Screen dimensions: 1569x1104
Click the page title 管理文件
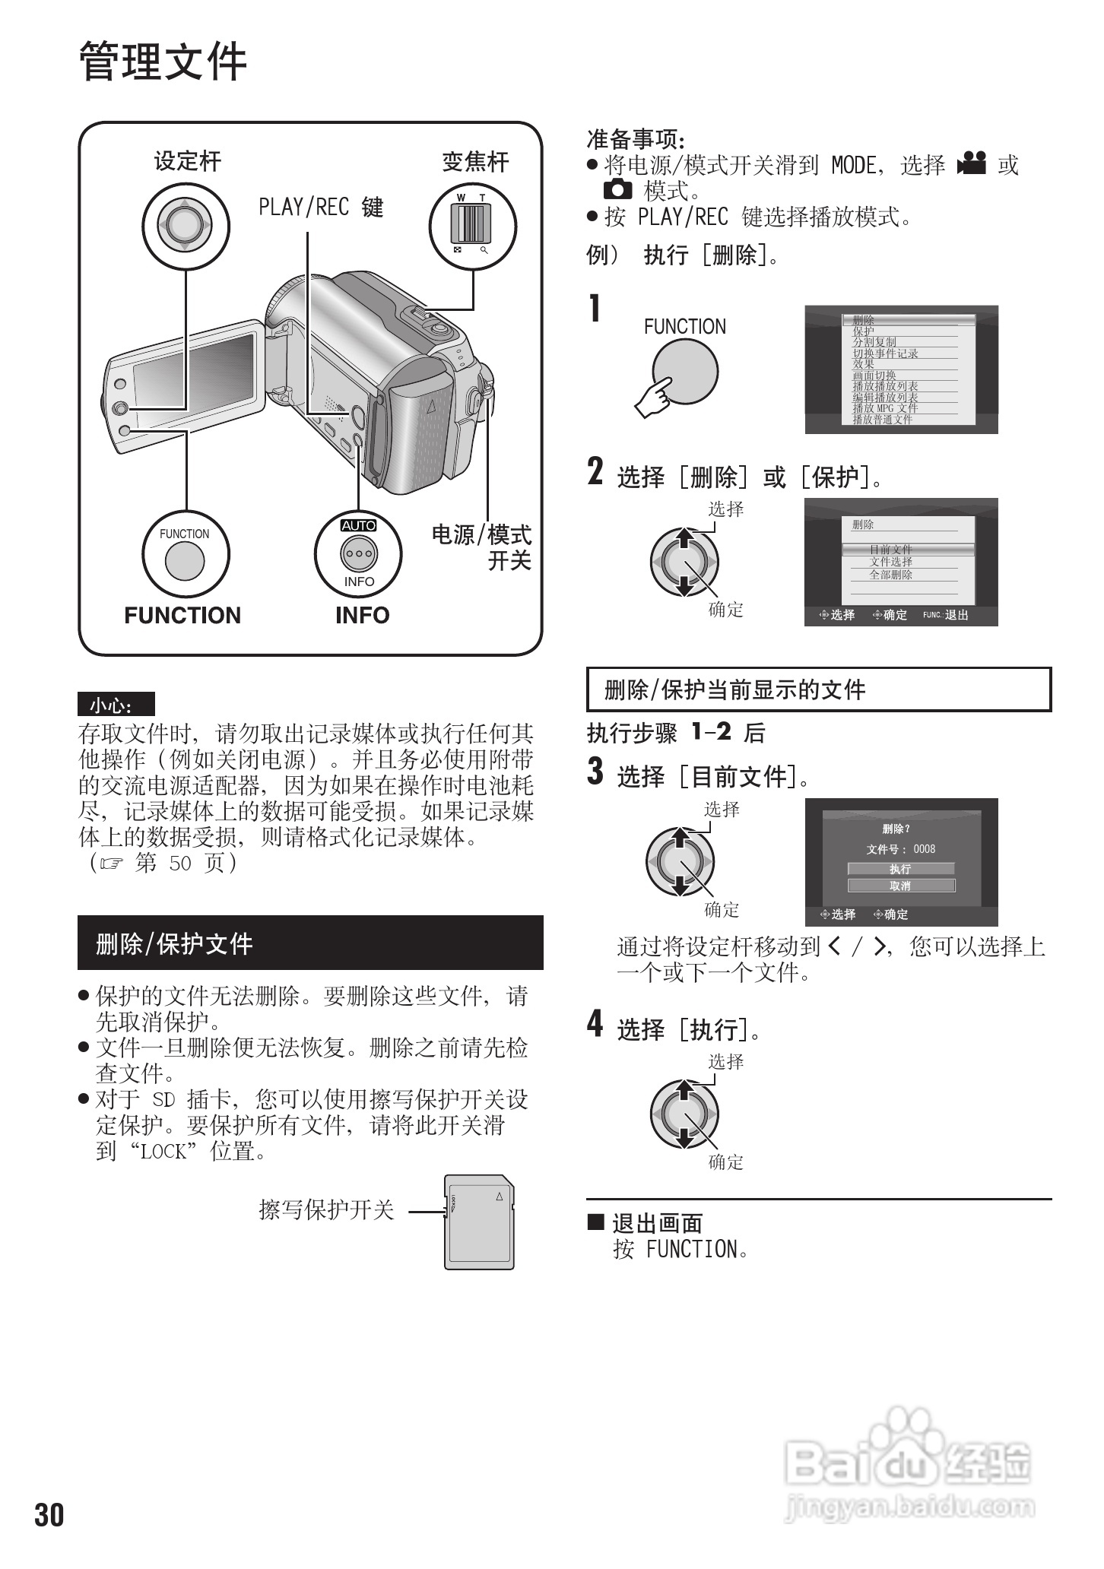tap(163, 62)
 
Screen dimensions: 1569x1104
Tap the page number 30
tap(49, 1515)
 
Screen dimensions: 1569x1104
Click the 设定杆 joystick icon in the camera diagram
tap(186, 224)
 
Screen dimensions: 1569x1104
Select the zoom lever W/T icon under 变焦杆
tap(472, 224)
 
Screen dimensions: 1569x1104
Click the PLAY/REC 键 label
tap(321, 207)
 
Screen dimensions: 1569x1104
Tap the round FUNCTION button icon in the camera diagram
tap(185, 562)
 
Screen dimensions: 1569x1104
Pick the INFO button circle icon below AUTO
tap(358, 553)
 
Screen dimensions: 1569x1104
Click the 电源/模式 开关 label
tap(481, 547)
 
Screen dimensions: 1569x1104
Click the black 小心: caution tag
tap(116, 705)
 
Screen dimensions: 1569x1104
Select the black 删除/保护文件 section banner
tap(310, 943)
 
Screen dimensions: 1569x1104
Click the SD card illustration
tap(479, 1222)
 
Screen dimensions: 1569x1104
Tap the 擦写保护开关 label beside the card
tap(326, 1209)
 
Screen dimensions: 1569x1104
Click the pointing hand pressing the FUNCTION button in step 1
tap(655, 398)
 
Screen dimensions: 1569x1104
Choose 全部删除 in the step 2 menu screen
tap(891, 575)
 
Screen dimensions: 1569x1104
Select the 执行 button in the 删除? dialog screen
tap(900, 869)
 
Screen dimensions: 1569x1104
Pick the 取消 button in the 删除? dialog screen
tap(900, 886)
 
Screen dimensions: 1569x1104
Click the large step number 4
tap(595, 1023)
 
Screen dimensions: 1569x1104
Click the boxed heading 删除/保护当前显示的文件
tap(818, 690)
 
